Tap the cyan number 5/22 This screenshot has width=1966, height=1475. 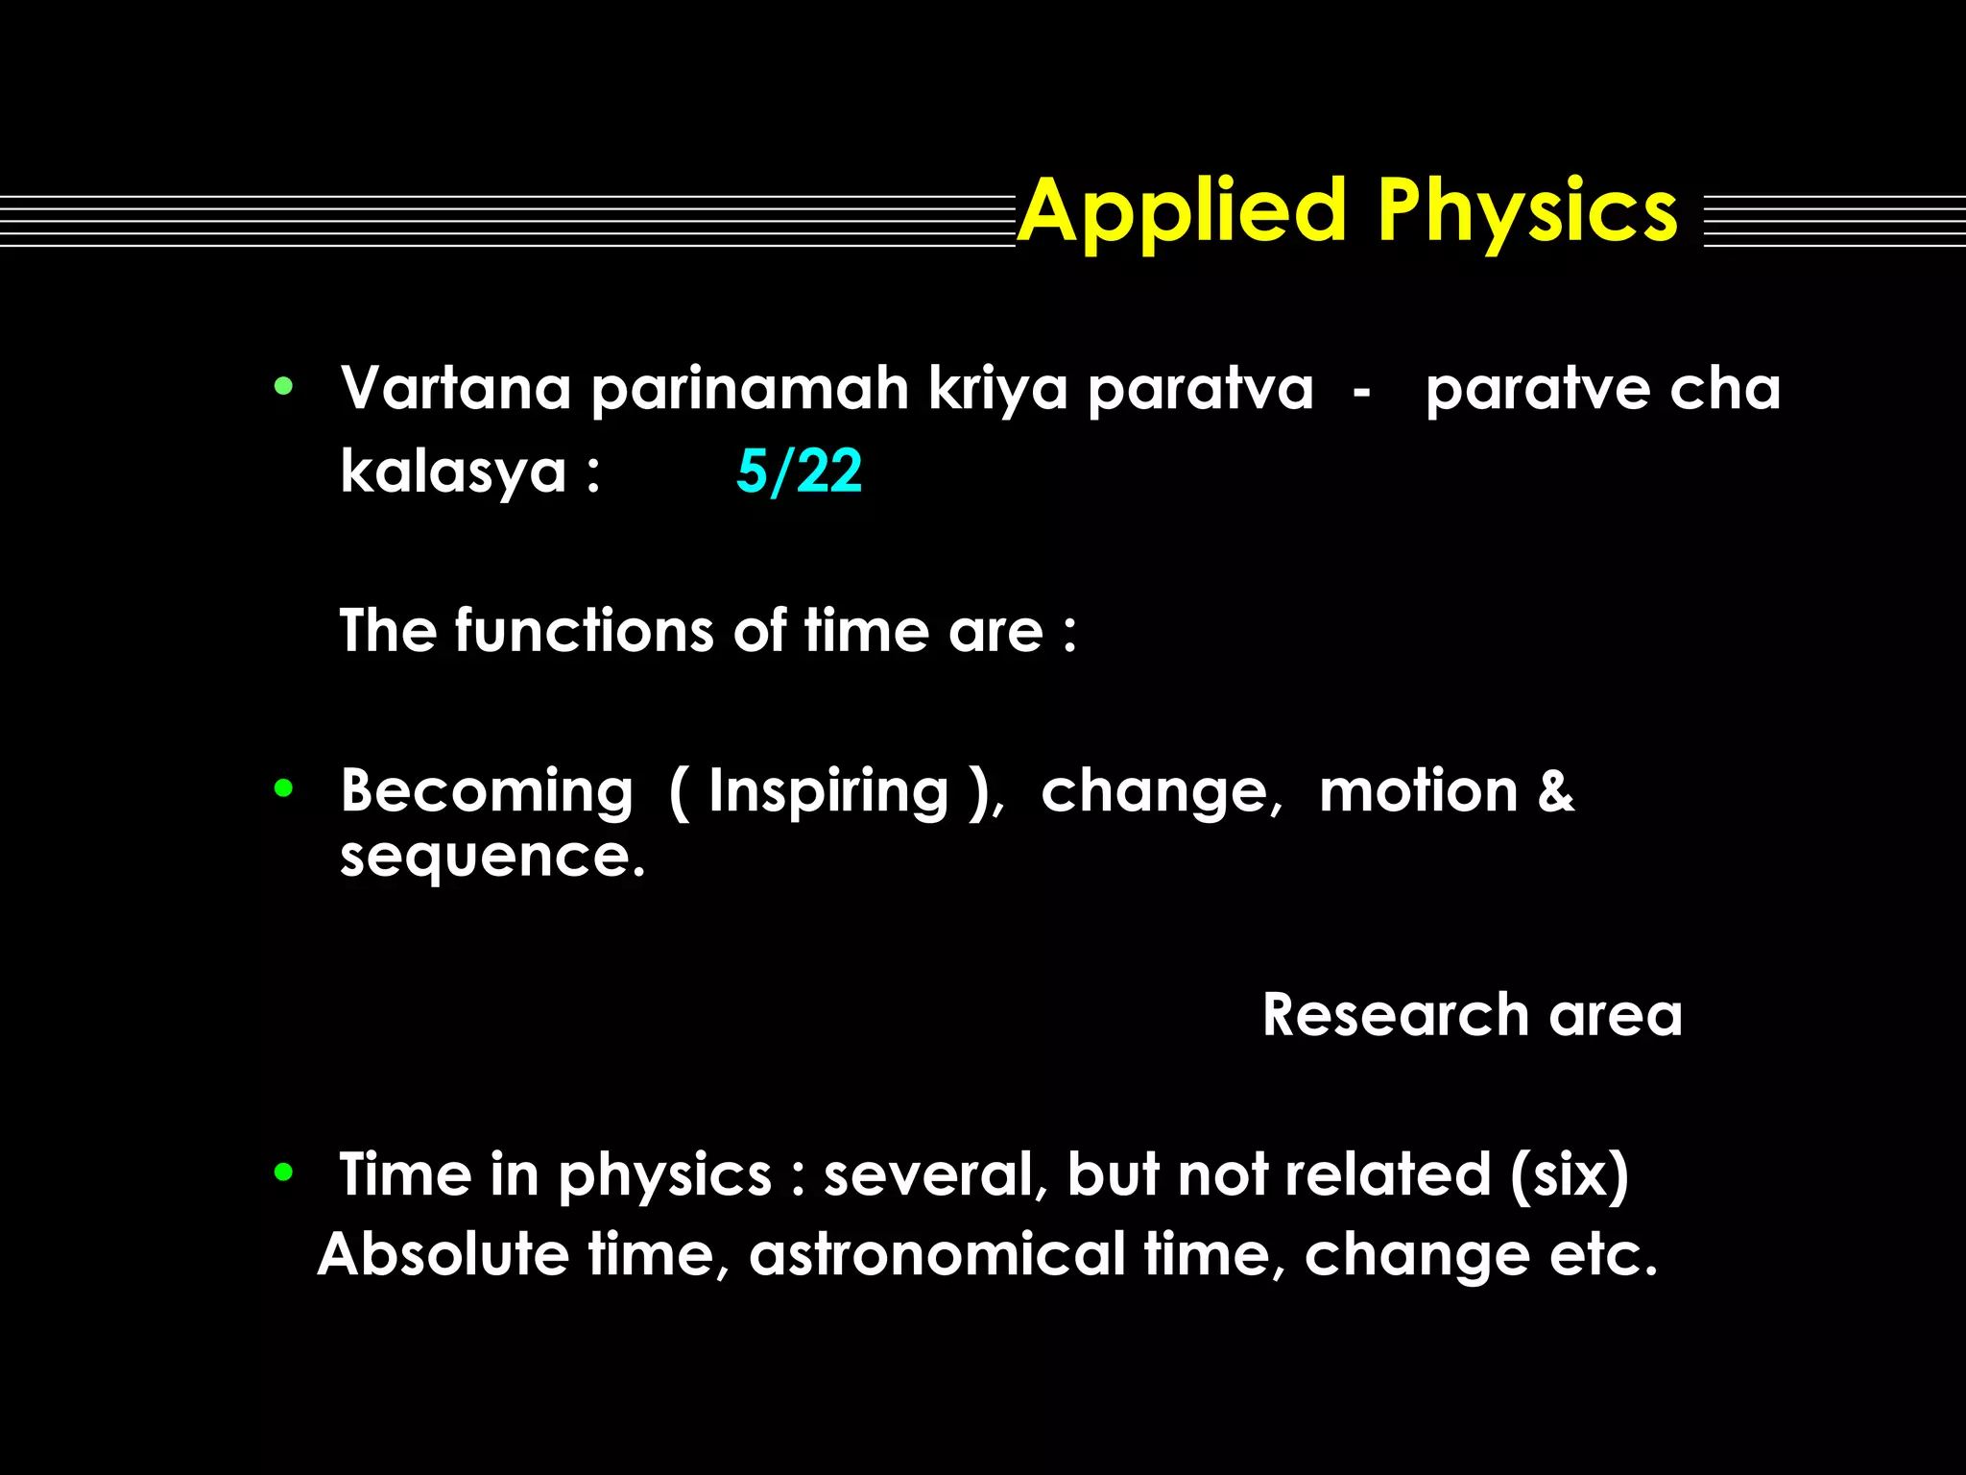[799, 472]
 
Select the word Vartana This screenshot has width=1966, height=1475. [456, 389]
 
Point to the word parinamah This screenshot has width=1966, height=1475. [749, 389]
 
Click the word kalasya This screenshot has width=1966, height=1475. [453, 472]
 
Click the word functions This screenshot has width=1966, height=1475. [584, 631]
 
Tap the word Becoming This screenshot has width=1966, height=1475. [487, 791]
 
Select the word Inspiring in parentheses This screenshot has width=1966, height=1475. [827, 791]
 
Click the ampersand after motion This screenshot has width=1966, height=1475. [1555, 791]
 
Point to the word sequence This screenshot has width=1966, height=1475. [491, 857]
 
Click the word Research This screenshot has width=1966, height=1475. [1395, 1015]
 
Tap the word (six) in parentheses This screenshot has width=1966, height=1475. [1569, 1175]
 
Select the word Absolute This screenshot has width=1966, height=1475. [443, 1254]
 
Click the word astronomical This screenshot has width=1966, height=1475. [936, 1254]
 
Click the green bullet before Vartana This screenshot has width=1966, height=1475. [283, 388]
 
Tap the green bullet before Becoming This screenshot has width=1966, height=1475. [283, 788]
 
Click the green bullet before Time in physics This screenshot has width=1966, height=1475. [283, 1172]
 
